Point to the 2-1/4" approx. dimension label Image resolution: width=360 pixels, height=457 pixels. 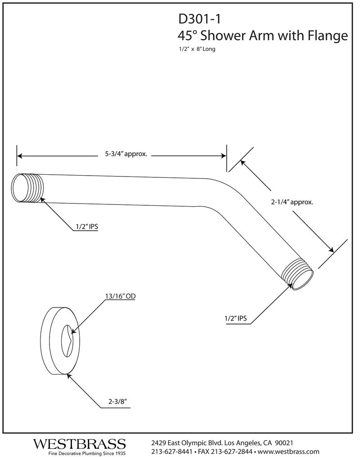[292, 202]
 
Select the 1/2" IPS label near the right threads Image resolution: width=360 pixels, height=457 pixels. [236, 319]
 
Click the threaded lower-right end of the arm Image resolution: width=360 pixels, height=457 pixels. [297, 275]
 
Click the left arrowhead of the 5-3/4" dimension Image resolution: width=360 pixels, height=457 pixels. [20, 156]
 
